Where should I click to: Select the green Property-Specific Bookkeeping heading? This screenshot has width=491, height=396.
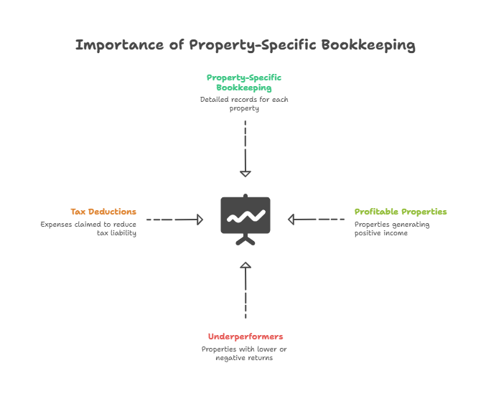244,82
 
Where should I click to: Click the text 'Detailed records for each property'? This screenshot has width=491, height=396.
244,103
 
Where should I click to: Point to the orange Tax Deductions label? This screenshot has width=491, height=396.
103,212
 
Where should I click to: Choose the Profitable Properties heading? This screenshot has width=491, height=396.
401,212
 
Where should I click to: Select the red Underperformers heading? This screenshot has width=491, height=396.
245,336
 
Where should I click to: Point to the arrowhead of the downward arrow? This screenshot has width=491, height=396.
245,173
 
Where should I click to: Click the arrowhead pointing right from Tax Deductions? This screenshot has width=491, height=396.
200,219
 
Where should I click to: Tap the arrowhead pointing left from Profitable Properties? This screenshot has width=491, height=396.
291,219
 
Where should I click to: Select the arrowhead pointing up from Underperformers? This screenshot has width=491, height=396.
245,265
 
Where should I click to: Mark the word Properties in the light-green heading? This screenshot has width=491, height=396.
421,212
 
